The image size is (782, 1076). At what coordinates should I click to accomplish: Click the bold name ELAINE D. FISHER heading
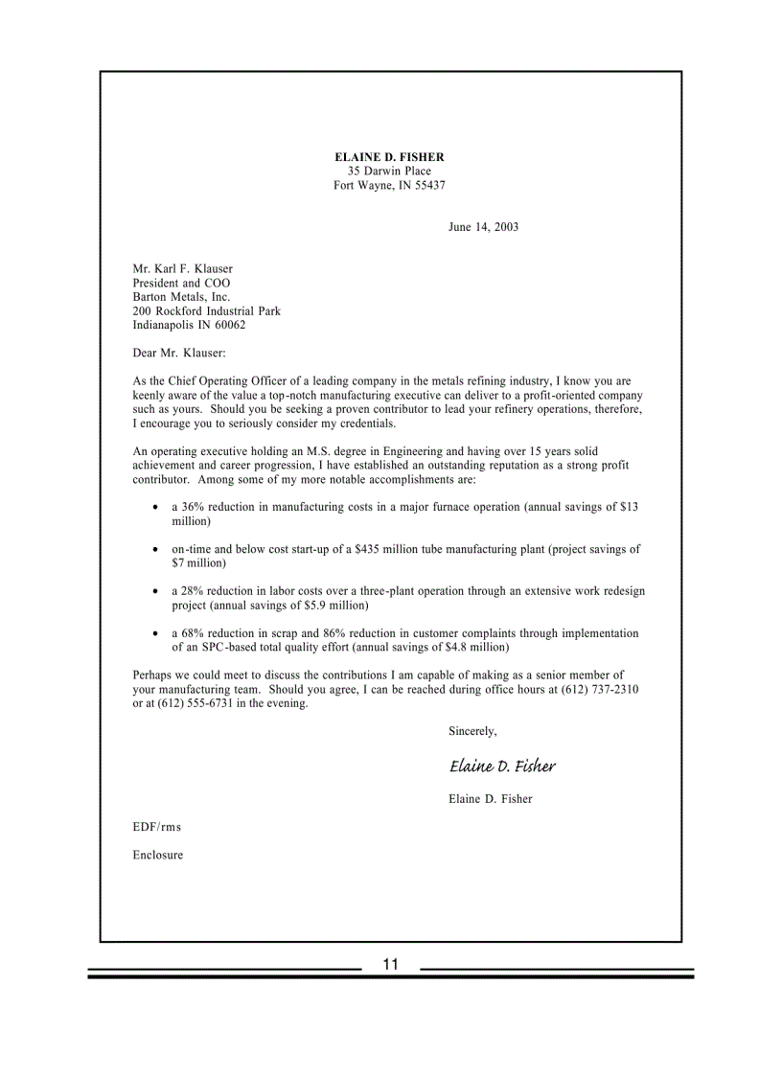pyautogui.click(x=389, y=156)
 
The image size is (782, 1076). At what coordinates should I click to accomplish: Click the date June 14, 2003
pyautogui.click(x=483, y=227)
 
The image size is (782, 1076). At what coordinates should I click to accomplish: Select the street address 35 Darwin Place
pyautogui.click(x=389, y=171)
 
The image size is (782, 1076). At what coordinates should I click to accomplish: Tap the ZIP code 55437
pyautogui.click(x=429, y=185)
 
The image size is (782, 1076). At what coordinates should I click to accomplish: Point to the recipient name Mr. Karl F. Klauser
pyautogui.click(x=182, y=269)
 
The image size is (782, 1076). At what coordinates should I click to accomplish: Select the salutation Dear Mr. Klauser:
pyautogui.click(x=179, y=354)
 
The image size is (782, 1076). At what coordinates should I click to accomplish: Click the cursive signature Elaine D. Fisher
pyautogui.click(x=501, y=767)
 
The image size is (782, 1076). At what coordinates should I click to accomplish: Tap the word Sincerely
pyautogui.click(x=472, y=731)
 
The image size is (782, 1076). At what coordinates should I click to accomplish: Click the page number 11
pyautogui.click(x=390, y=965)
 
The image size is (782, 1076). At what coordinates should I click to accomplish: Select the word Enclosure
pyautogui.click(x=157, y=855)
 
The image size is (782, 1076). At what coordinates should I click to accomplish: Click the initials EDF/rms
pyautogui.click(x=156, y=827)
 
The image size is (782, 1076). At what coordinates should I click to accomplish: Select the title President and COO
pyautogui.click(x=181, y=284)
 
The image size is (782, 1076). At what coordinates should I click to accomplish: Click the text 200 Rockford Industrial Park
pyautogui.click(x=206, y=311)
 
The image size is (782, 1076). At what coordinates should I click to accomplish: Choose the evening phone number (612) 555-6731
pyautogui.click(x=193, y=703)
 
